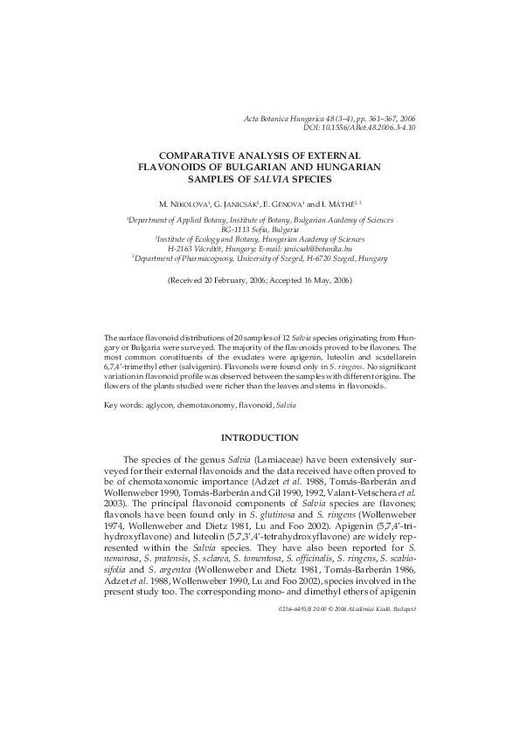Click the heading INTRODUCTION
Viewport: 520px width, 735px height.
pyautogui.click(x=260, y=436)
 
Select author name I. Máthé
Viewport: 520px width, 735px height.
pyautogui.click(x=348, y=203)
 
